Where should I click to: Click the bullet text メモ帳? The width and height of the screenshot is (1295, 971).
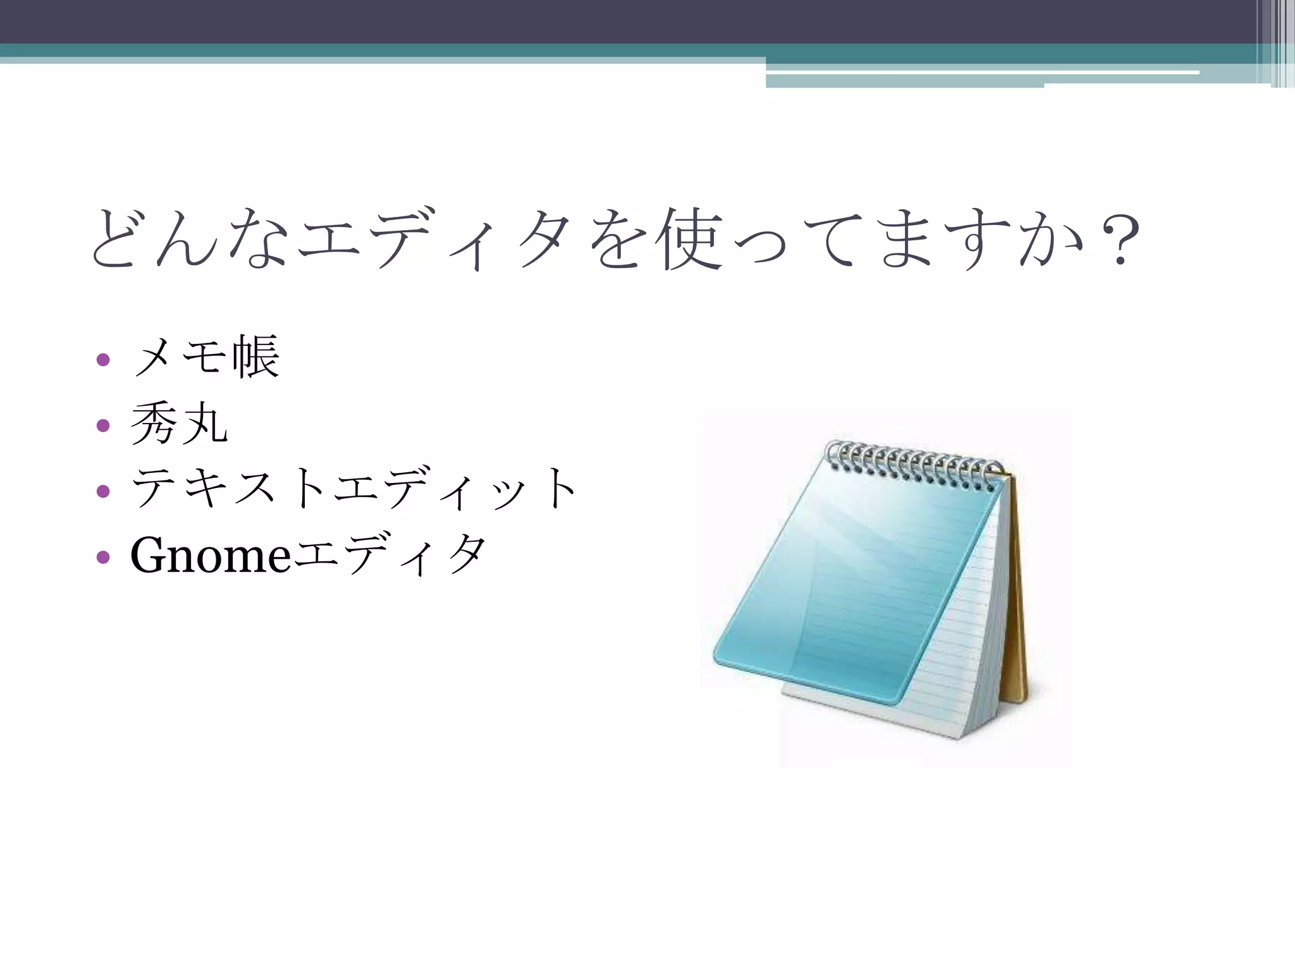coord(206,358)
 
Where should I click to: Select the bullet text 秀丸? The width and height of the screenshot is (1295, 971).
coord(179,424)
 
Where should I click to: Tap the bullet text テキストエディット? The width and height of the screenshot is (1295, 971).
coord(354,489)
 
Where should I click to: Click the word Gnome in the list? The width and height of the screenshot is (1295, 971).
coord(210,555)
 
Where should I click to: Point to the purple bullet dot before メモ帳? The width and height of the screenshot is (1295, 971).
coord(103,360)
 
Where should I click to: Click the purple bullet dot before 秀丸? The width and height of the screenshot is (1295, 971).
coord(103,425)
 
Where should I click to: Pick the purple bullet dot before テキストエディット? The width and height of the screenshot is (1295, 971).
coord(103,491)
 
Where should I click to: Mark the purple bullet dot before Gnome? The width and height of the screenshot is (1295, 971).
coord(103,557)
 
